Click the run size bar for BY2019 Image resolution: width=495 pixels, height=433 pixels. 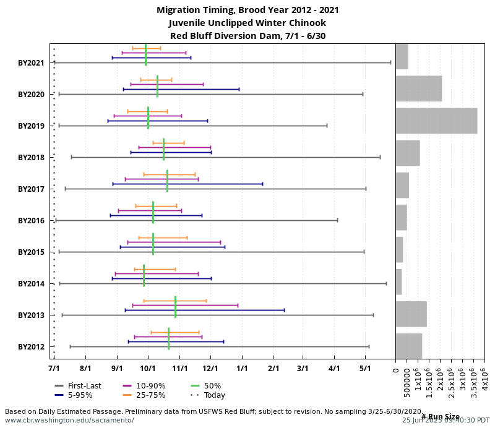tap(436, 121)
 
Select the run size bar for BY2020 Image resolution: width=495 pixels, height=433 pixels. tap(418, 88)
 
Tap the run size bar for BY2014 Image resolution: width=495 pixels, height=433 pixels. tap(399, 282)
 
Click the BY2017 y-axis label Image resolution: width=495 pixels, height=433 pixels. tap(31, 189)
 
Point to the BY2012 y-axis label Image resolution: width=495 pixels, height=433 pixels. tap(31, 347)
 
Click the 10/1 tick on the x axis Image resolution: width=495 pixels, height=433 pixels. tap(148, 369)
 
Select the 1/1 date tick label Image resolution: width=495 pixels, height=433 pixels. tap(242, 369)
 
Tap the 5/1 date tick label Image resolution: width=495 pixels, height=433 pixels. tap(365, 369)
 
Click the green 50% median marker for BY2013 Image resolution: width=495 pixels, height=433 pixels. tap(175, 307)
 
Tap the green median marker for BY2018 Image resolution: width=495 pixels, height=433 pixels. tap(163, 149)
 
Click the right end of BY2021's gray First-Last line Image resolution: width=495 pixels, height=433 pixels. tap(390, 62)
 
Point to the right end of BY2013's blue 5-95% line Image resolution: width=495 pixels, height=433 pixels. tap(284, 310)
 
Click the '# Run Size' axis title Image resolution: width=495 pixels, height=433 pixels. tap(441, 416)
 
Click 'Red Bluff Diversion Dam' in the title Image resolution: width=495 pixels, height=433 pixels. tap(247, 36)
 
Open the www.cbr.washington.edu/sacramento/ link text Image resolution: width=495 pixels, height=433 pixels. tap(69, 420)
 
